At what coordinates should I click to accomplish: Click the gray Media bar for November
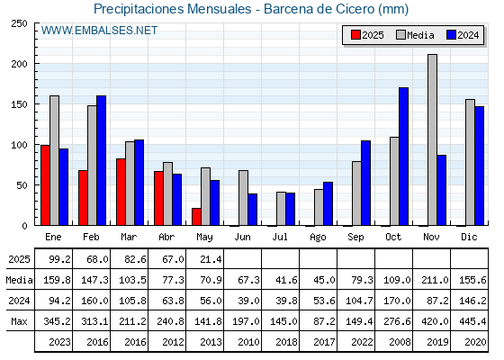point(432,139)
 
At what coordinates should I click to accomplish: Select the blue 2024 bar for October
point(404,157)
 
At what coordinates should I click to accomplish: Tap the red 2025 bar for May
point(196,217)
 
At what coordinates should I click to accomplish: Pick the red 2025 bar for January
point(45,185)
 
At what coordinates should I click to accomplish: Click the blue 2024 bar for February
point(101,160)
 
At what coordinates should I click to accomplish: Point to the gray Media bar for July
point(281,209)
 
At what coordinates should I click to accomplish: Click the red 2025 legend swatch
point(355,35)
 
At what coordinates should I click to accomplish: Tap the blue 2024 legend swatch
point(451,35)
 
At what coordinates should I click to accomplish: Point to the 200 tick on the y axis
point(20,64)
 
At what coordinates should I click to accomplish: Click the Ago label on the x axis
point(318,238)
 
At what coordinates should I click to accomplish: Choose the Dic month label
point(469,237)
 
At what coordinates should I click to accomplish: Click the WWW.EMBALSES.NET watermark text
point(99,31)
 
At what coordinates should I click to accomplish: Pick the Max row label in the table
point(19,321)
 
